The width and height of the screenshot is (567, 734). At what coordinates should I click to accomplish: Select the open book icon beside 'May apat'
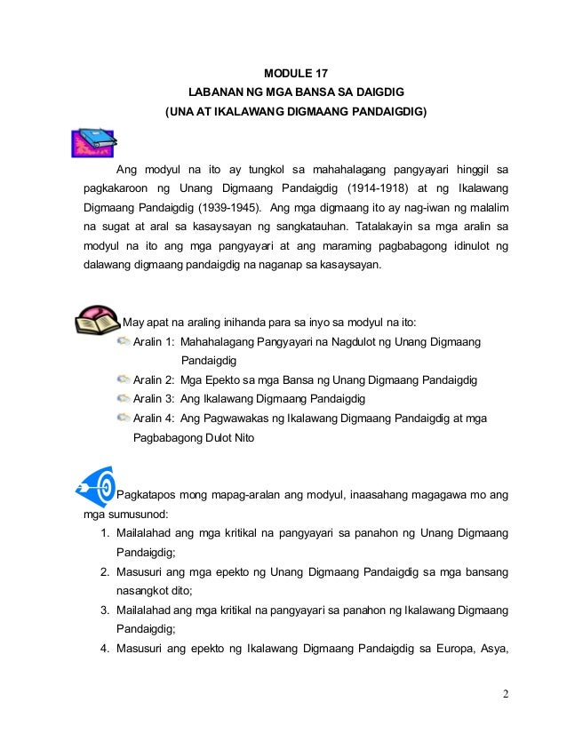pyautogui.click(x=97, y=320)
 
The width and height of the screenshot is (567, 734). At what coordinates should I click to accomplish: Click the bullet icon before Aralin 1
pyautogui.click(x=123, y=342)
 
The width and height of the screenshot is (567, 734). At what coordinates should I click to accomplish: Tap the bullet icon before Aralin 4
pyautogui.click(x=123, y=419)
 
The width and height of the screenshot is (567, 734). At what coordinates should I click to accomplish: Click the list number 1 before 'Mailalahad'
pyautogui.click(x=104, y=532)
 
